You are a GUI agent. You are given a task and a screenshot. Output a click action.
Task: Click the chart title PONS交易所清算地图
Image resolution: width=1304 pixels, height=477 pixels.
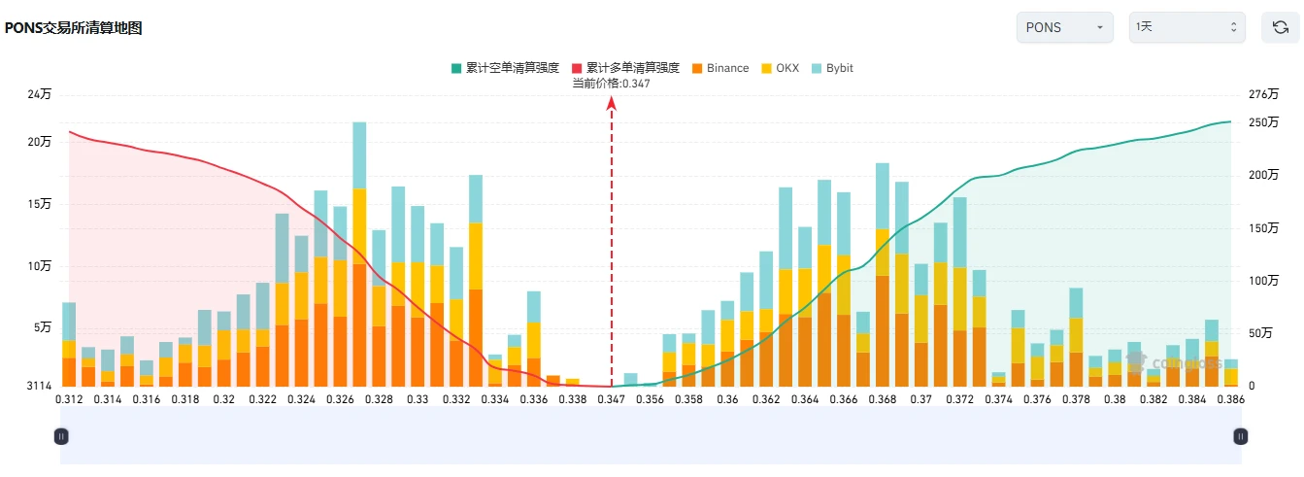coord(74,28)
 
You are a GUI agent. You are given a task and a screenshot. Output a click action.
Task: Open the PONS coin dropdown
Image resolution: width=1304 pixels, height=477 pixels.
coord(1065,27)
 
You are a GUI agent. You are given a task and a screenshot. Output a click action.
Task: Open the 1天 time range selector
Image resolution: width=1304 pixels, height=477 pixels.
coord(1187,27)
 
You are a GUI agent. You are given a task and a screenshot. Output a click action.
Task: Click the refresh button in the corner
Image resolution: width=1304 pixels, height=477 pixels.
coord(1280,27)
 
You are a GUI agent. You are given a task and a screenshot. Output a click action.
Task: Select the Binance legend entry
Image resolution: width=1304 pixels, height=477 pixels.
coord(720,68)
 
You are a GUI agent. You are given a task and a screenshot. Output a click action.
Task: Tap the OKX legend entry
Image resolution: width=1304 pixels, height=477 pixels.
coord(781,68)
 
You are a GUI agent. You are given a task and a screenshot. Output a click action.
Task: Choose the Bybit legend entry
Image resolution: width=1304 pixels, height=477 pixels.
coord(832,68)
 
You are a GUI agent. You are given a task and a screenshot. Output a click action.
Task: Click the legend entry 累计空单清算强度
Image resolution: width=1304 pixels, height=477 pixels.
coord(505,68)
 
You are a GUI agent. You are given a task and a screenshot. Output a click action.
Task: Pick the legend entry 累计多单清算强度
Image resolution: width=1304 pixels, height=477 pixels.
coord(626,68)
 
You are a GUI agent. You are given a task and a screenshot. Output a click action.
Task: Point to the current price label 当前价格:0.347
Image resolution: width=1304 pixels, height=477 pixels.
coord(612,84)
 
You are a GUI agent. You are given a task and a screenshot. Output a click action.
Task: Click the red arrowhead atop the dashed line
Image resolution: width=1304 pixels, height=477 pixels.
coord(612,104)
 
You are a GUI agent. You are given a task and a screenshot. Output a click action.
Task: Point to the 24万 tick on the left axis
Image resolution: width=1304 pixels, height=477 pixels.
coord(40,94)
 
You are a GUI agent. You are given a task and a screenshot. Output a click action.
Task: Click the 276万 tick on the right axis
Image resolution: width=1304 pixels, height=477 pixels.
coord(1264,94)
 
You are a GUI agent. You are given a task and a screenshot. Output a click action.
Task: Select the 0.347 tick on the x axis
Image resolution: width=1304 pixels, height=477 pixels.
coord(612,399)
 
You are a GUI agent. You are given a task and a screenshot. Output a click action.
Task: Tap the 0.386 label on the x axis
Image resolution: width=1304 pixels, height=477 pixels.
coord(1230,399)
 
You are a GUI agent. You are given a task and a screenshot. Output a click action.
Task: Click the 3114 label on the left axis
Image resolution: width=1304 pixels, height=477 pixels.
coord(40,386)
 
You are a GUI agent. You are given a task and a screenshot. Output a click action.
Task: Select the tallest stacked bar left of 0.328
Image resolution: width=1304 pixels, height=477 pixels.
coord(359,254)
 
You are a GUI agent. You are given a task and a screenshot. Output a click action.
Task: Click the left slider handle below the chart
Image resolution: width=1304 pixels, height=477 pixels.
coord(61,436)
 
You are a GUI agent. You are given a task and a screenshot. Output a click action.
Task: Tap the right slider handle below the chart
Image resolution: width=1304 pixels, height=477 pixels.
coord(1241,436)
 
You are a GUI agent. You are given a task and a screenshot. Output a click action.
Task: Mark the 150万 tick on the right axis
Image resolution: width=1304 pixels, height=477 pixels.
coord(1264,227)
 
